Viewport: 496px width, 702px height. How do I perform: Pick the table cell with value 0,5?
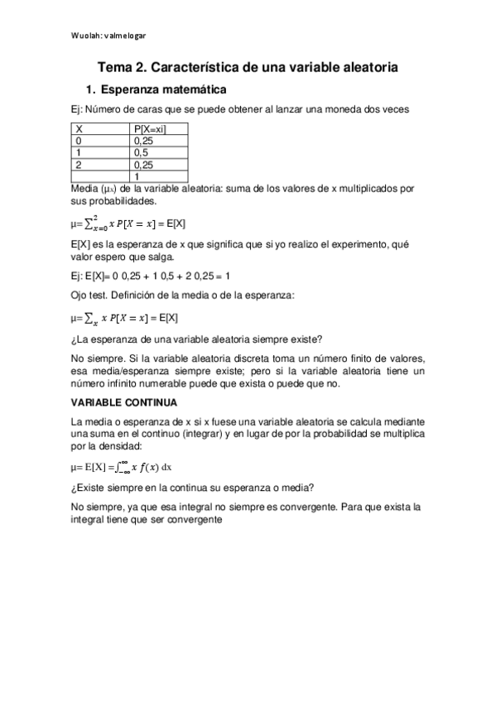(x=140, y=152)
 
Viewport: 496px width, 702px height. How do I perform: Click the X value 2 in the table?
(x=78, y=164)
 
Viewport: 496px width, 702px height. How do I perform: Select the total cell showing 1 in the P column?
(x=136, y=175)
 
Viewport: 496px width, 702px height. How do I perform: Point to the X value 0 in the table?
(x=78, y=141)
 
